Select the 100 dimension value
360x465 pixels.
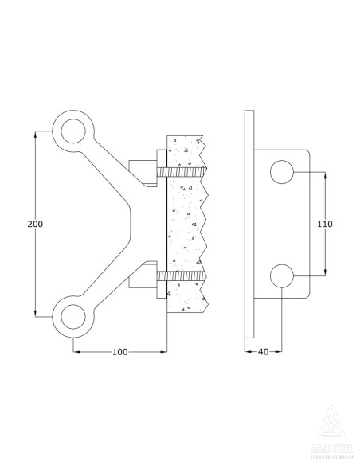[x=120, y=351]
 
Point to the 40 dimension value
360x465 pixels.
[x=263, y=351]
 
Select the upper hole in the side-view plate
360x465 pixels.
[x=282, y=171]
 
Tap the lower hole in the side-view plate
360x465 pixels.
[x=282, y=275]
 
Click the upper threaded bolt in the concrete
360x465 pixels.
[x=184, y=171]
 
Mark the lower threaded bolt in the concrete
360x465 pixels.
[x=184, y=276]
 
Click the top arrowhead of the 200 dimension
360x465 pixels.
[x=35, y=134]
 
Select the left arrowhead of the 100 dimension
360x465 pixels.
[x=76, y=351]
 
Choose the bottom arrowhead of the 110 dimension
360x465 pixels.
[x=324, y=272]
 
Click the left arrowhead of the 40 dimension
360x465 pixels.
[x=246, y=351]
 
